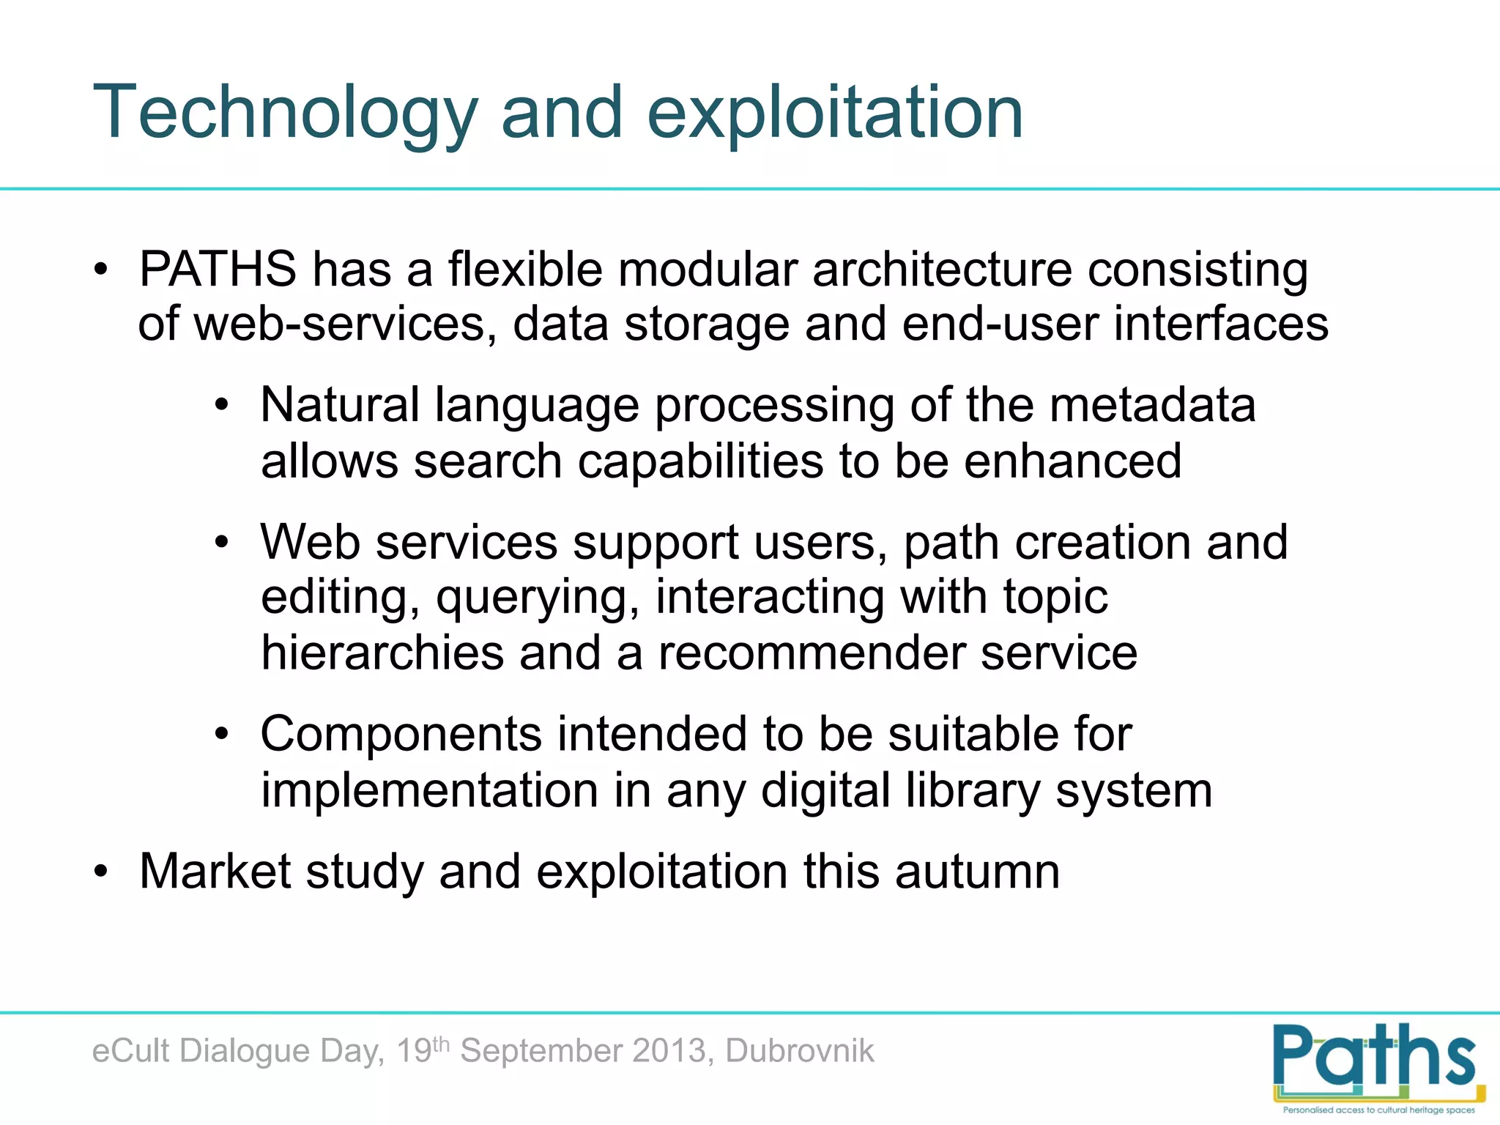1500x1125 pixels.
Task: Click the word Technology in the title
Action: [x=285, y=114]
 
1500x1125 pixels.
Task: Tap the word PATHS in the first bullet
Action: [x=218, y=270]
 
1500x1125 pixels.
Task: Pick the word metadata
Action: [x=1153, y=405]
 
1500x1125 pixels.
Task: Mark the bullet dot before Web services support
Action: [x=222, y=543]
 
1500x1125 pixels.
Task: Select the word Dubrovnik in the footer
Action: [x=800, y=1051]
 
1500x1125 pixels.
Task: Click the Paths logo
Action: [x=1377, y=1066]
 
